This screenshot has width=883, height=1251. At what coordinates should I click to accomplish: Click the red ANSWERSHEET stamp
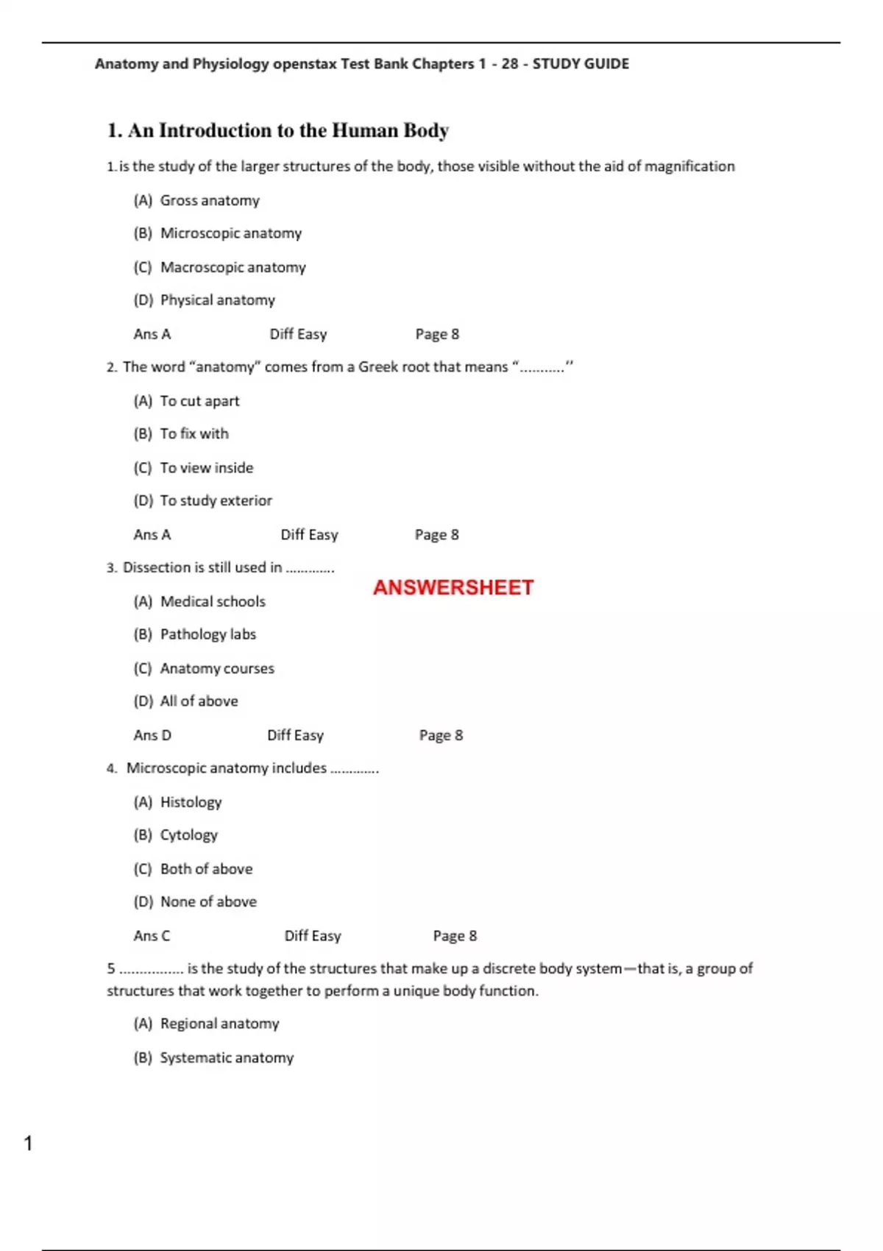coord(453,587)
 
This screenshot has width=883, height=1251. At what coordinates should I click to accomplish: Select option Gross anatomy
coord(210,200)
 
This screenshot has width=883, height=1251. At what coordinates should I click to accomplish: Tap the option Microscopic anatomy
coord(231,233)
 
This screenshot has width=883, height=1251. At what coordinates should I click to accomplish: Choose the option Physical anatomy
coord(217,300)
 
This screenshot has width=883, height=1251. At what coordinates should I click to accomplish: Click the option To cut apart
coord(199,401)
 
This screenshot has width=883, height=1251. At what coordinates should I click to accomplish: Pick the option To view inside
coord(206,468)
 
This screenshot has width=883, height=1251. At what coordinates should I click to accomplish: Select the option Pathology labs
coord(208,634)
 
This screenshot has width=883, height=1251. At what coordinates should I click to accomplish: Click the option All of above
coord(199,701)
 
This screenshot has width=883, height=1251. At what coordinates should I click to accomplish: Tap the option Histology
coord(191,802)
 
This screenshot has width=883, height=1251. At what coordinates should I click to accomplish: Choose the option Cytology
coord(189,835)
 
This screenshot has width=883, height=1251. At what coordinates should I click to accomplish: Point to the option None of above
coord(208,902)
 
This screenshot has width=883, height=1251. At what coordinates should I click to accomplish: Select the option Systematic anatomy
coord(227,1058)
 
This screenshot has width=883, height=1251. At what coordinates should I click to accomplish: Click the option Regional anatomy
coord(219,1024)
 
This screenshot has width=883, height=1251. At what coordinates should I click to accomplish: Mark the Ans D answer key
coord(152,735)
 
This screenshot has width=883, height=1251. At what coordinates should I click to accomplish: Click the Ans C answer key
coord(152,936)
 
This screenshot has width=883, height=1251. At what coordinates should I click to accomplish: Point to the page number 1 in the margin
coord(28,1144)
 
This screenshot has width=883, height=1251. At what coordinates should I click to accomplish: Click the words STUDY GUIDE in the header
coord(581,64)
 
